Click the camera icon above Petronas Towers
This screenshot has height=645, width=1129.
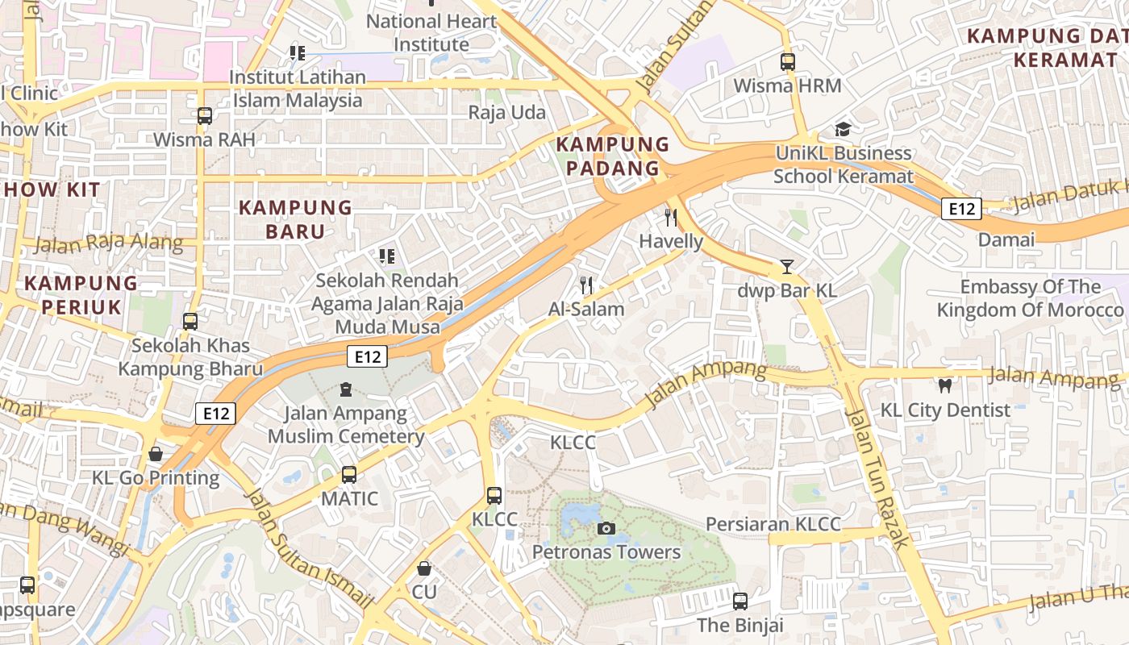point(606,529)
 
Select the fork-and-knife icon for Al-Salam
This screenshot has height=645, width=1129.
point(586,285)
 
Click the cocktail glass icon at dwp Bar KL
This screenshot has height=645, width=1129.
point(787,267)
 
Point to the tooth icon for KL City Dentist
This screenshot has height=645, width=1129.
point(945,386)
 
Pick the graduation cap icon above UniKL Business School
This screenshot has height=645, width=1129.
point(843,129)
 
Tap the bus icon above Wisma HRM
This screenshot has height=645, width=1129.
point(788,61)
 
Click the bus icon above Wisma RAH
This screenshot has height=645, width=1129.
point(205,116)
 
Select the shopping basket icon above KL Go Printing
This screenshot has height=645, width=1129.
point(156,454)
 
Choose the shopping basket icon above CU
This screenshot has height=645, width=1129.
point(424,568)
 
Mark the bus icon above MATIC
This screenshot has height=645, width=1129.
point(349,475)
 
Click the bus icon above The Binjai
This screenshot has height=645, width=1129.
point(740,601)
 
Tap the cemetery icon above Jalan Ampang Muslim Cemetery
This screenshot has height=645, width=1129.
point(346,390)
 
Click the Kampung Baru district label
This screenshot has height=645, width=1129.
point(295,219)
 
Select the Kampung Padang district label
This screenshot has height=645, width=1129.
point(613,156)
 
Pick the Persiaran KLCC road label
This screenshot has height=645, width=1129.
point(773,524)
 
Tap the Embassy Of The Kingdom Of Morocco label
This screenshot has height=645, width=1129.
point(1030,298)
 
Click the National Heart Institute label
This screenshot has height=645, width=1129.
point(431,33)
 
